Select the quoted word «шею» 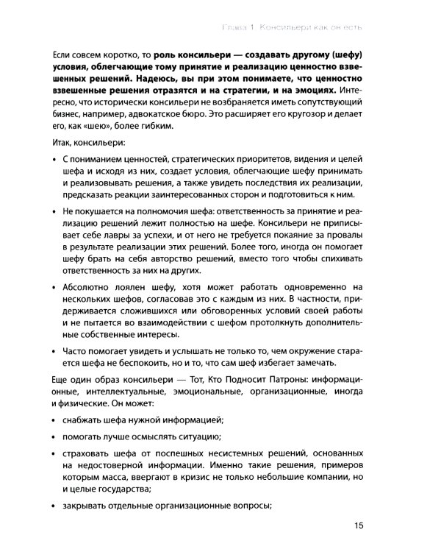[x=93, y=127]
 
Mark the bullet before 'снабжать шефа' [x=57, y=422]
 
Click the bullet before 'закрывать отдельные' [x=57, y=506]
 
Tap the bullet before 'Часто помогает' [x=57, y=350]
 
